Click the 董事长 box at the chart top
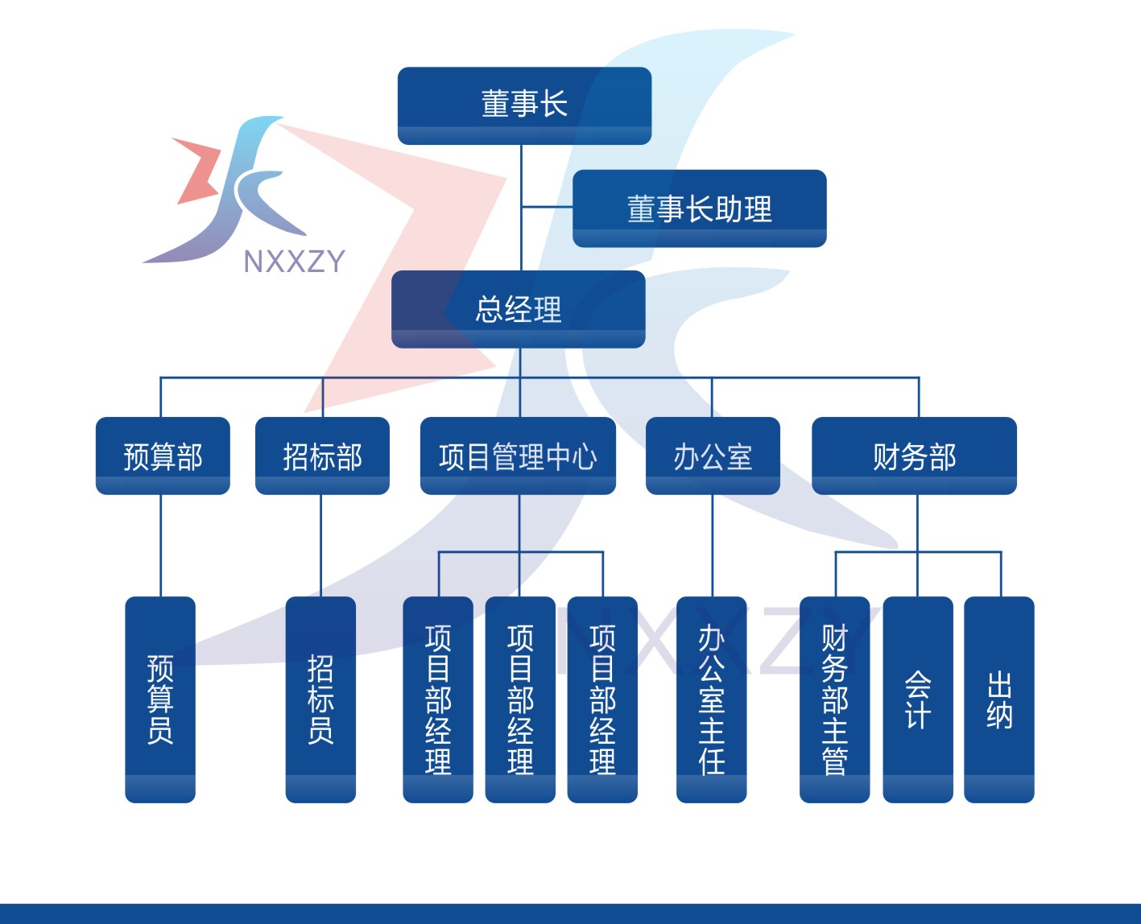[x=524, y=105]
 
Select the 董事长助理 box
[x=700, y=208]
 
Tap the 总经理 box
[x=518, y=309]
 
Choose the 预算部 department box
[x=163, y=456]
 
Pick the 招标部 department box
[x=322, y=456]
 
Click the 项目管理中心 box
[x=518, y=456]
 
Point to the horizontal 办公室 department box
[x=713, y=456]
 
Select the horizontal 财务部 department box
[x=915, y=456]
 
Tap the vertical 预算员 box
[x=160, y=699]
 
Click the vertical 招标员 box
[x=320, y=699]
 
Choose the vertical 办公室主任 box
[x=712, y=699]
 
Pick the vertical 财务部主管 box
[x=834, y=699]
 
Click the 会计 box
[x=918, y=699]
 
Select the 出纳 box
[x=999, y=699]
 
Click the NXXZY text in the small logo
[x=294, y=262]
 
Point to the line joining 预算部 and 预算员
[x=161, y=546]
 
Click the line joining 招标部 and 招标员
[x=320, y=546]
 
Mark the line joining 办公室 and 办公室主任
[x=713, y=546]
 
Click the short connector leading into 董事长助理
[x=547, y=206]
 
